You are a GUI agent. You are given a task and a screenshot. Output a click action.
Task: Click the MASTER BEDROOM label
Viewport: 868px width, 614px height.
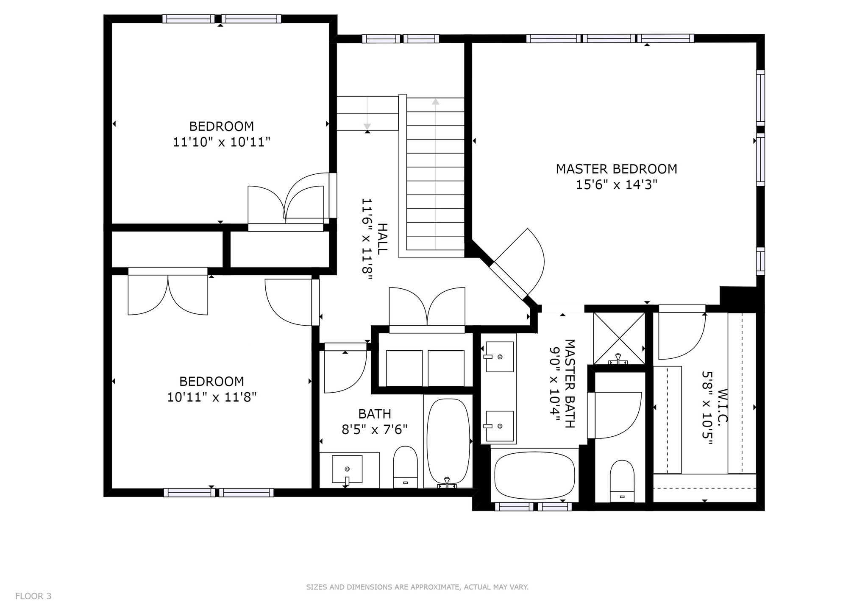coord(616,169)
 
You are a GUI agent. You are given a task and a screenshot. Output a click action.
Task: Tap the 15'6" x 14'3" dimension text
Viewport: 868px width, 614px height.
coord(616,185)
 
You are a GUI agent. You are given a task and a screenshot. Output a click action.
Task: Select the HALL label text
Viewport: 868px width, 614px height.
coord(382,239)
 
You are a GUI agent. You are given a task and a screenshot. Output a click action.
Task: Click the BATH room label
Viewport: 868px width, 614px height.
coord(375,414)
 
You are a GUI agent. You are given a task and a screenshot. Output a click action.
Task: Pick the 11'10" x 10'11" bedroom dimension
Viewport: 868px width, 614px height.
coord(222,142)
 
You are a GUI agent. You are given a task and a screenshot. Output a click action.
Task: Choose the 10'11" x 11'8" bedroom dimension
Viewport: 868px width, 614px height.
coord(212,398)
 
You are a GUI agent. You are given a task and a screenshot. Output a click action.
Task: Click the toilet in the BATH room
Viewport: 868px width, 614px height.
coord(406,467)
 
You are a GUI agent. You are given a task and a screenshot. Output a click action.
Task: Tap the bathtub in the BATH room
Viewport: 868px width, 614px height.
coord(448,443)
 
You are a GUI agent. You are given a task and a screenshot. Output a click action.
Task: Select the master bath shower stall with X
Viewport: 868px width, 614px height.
coord(619,338)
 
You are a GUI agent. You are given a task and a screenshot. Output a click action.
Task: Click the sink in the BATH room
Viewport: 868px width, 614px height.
coord(347,469)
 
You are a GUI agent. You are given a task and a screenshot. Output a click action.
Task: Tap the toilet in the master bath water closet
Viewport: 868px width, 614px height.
coord(622,482)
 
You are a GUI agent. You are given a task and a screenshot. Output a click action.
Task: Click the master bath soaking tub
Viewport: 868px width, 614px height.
coord(535,476)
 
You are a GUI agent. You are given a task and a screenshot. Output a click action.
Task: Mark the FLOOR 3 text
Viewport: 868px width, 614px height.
coord(33,596)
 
